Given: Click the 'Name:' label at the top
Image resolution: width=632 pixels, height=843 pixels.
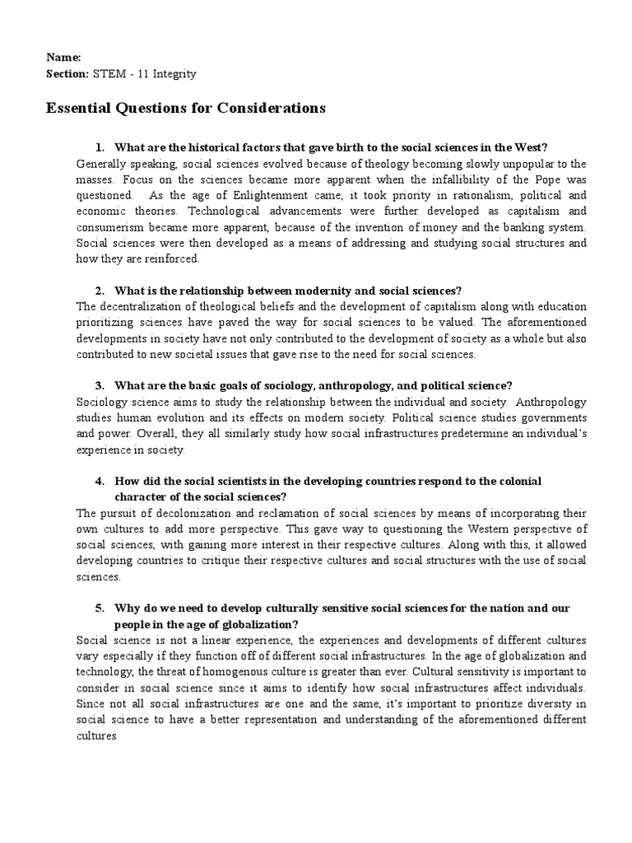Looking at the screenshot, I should [x=62, y=58].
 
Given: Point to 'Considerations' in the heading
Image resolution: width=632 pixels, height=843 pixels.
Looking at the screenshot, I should [x=272, y=108].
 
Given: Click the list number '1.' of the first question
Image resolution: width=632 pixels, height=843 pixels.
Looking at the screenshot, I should [x=100, y=147].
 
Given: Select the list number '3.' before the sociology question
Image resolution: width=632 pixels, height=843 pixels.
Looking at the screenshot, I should [x=100, y=385].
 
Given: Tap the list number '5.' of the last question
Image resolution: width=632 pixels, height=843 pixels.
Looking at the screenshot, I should [x=100, y=608].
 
